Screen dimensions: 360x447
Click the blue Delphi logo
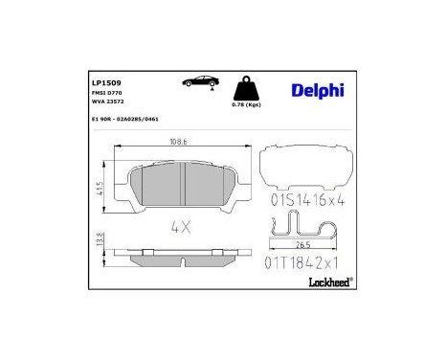(316, 90)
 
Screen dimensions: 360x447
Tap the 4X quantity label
(181, 229)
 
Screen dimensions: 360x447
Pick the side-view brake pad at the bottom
(182, 260)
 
